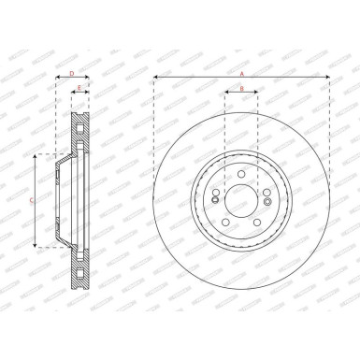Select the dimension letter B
tap(241, 89)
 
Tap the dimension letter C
tap(31, 201)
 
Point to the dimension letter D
tap(73, 71)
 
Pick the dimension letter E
tap(79, 89)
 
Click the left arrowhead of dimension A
tap(156, 76)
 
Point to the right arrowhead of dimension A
tap(328, 76)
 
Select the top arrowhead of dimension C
tap(37, 155)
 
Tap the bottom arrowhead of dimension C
tap(37, 246)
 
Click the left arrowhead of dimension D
tap(56, 76)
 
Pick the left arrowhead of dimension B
tap(226, 94)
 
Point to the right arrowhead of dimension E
tap(89, 94)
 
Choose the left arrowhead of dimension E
tap(72, 94)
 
